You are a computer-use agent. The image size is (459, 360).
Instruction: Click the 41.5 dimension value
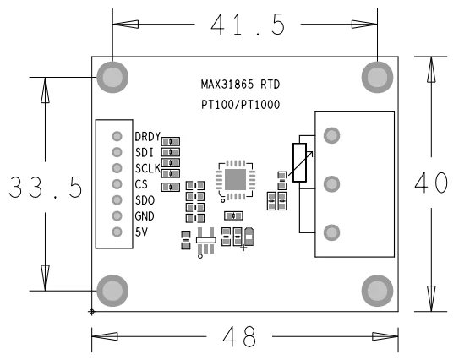click(248, 25)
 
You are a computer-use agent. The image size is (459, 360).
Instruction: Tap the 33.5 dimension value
click(46, 188)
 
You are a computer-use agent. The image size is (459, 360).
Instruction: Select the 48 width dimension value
click(239, 336)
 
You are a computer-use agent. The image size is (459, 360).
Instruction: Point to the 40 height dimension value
click(431, 183)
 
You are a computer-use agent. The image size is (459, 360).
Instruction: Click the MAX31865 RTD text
click(240, 85)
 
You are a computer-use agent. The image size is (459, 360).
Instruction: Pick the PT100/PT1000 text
click(240, 105)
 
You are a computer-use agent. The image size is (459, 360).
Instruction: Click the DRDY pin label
click(148, 137)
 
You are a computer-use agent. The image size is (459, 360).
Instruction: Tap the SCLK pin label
click(148, 168)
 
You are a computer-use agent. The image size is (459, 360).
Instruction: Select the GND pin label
click(145, 216)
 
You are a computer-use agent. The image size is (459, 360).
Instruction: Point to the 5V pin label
click(141, 232)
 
